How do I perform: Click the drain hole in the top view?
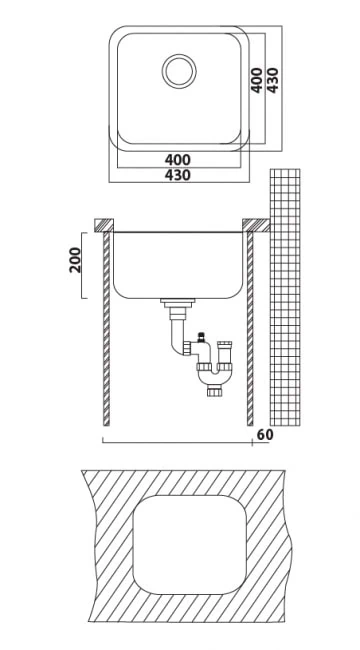179,71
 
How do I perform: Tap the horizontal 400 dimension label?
178,160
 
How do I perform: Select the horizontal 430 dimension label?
178,175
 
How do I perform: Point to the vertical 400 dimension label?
257,80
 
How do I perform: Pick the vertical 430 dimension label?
272,80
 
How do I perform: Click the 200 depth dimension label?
75,260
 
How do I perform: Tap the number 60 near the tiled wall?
265,435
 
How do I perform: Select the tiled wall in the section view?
285,297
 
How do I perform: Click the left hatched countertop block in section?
104,225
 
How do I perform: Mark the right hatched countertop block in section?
256,225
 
